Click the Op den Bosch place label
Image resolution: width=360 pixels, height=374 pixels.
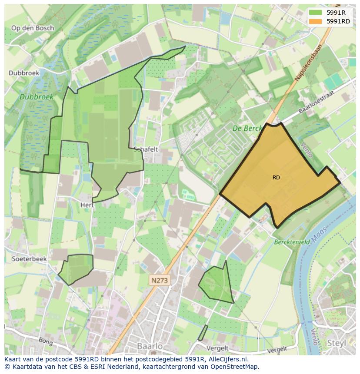33,28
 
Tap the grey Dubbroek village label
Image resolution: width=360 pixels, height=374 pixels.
24,73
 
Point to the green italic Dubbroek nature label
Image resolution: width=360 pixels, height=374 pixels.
37,97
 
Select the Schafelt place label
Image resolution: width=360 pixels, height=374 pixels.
146,149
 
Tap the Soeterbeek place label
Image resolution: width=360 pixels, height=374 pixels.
29,258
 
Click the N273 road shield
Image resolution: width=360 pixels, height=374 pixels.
160,281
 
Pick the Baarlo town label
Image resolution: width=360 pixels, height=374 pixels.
150,347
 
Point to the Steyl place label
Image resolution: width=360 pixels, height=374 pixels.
337,343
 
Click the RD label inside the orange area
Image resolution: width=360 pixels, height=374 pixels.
277,178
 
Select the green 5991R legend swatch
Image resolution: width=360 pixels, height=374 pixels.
316,12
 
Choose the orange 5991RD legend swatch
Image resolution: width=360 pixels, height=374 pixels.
316,21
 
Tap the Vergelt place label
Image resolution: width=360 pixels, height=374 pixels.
218,348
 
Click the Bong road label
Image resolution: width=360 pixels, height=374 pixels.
45,341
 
